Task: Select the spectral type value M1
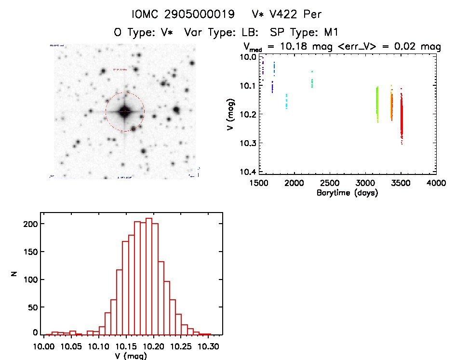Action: click(x=330, y=32)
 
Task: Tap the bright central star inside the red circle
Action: click(x=125, y=111)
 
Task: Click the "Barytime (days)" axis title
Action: click(x=347, y=193)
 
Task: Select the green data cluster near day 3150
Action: click(x=377, y=104)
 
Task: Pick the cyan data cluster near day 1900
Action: click(x=286, y=101)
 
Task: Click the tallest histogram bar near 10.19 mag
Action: click(x=149, y=275)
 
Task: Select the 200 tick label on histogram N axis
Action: click(x=31, y=224)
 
